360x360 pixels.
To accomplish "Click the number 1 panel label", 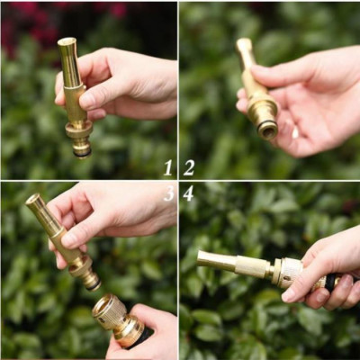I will click(x=168, y=167).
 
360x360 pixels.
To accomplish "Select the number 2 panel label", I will click(x=189, y=167).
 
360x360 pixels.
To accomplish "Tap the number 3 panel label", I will click(x=168, y=193).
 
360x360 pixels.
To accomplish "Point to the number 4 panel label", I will click(x=188, y=193).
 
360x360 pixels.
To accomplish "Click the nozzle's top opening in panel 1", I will click(x=67, y=41).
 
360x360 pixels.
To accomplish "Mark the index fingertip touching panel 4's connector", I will click(x=290, y=294).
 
